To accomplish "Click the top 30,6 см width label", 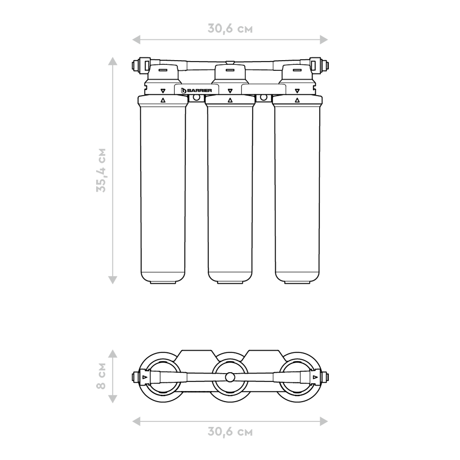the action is (230, 29).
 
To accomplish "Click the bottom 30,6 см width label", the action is (230, 431).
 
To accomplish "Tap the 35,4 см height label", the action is (101, 170).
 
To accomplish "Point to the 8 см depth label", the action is (101, 376).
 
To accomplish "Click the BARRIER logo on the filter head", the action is (196, 90).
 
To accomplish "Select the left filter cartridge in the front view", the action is (163, 189).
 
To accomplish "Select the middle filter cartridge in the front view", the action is (230, 189).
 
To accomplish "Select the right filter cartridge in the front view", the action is (297, 189).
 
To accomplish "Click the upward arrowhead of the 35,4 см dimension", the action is (113, 61).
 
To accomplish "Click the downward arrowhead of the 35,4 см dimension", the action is (113, 280).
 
